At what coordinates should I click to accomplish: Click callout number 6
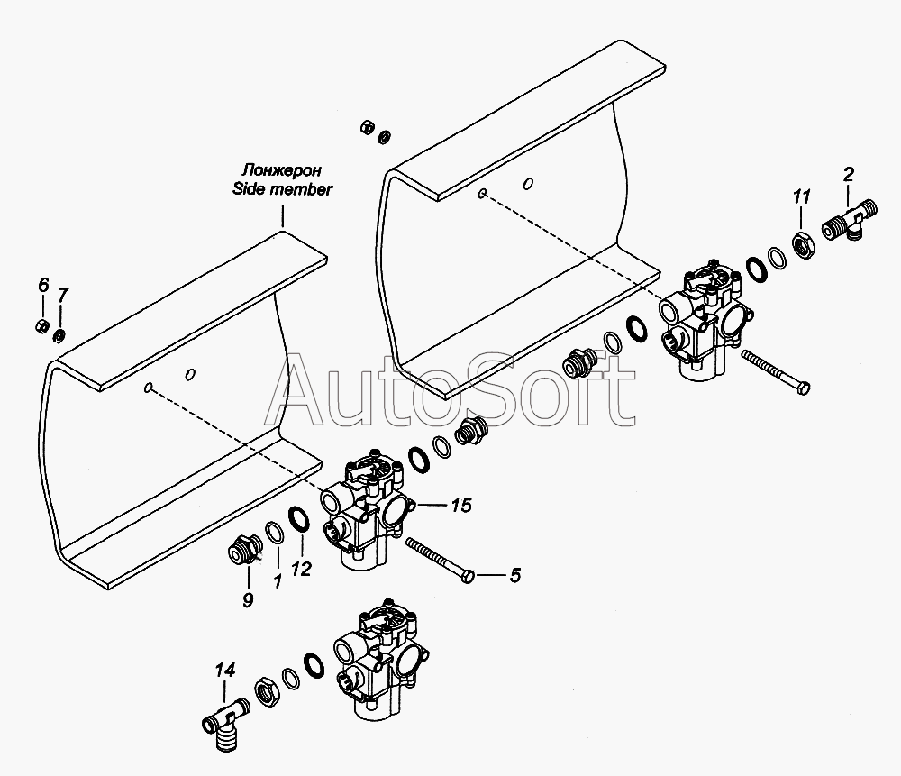pos(43,285)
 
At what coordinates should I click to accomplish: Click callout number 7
pos(63,295)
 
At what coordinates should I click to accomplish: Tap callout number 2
pos(849,173)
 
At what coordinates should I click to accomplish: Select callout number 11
pos(802,196)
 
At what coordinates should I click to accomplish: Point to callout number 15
pos(460,506)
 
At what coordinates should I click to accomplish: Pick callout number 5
pos(514,575)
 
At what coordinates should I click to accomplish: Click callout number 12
pos(301,569)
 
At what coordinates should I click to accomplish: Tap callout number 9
pos(248,600)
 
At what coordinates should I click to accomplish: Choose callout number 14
pos(225,670)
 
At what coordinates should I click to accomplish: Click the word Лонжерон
pos(281,170)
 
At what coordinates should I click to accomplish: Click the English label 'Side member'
pos(282,188)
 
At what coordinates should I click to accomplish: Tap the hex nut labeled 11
pos(801,243)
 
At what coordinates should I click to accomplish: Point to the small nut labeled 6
pos(42,326)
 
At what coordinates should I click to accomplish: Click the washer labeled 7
pos(59,335)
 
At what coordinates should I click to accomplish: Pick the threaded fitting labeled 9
pos(243,548)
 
